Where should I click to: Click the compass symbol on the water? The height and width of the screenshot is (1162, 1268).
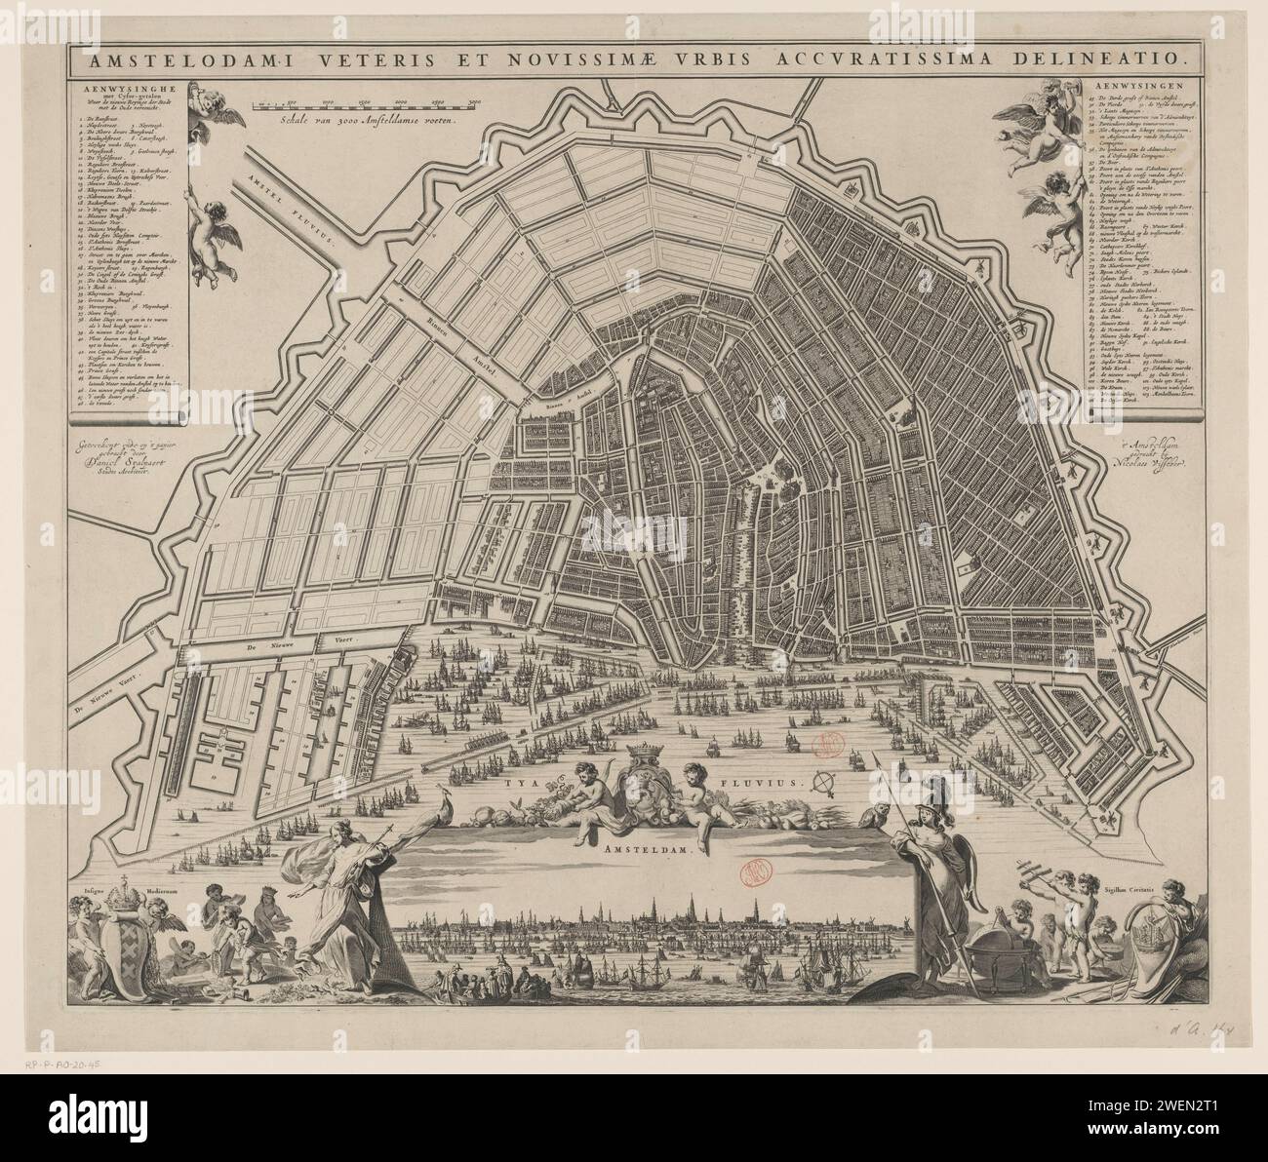[x=826, y=782]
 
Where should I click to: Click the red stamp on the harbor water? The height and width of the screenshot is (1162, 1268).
[x=828, y=745]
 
